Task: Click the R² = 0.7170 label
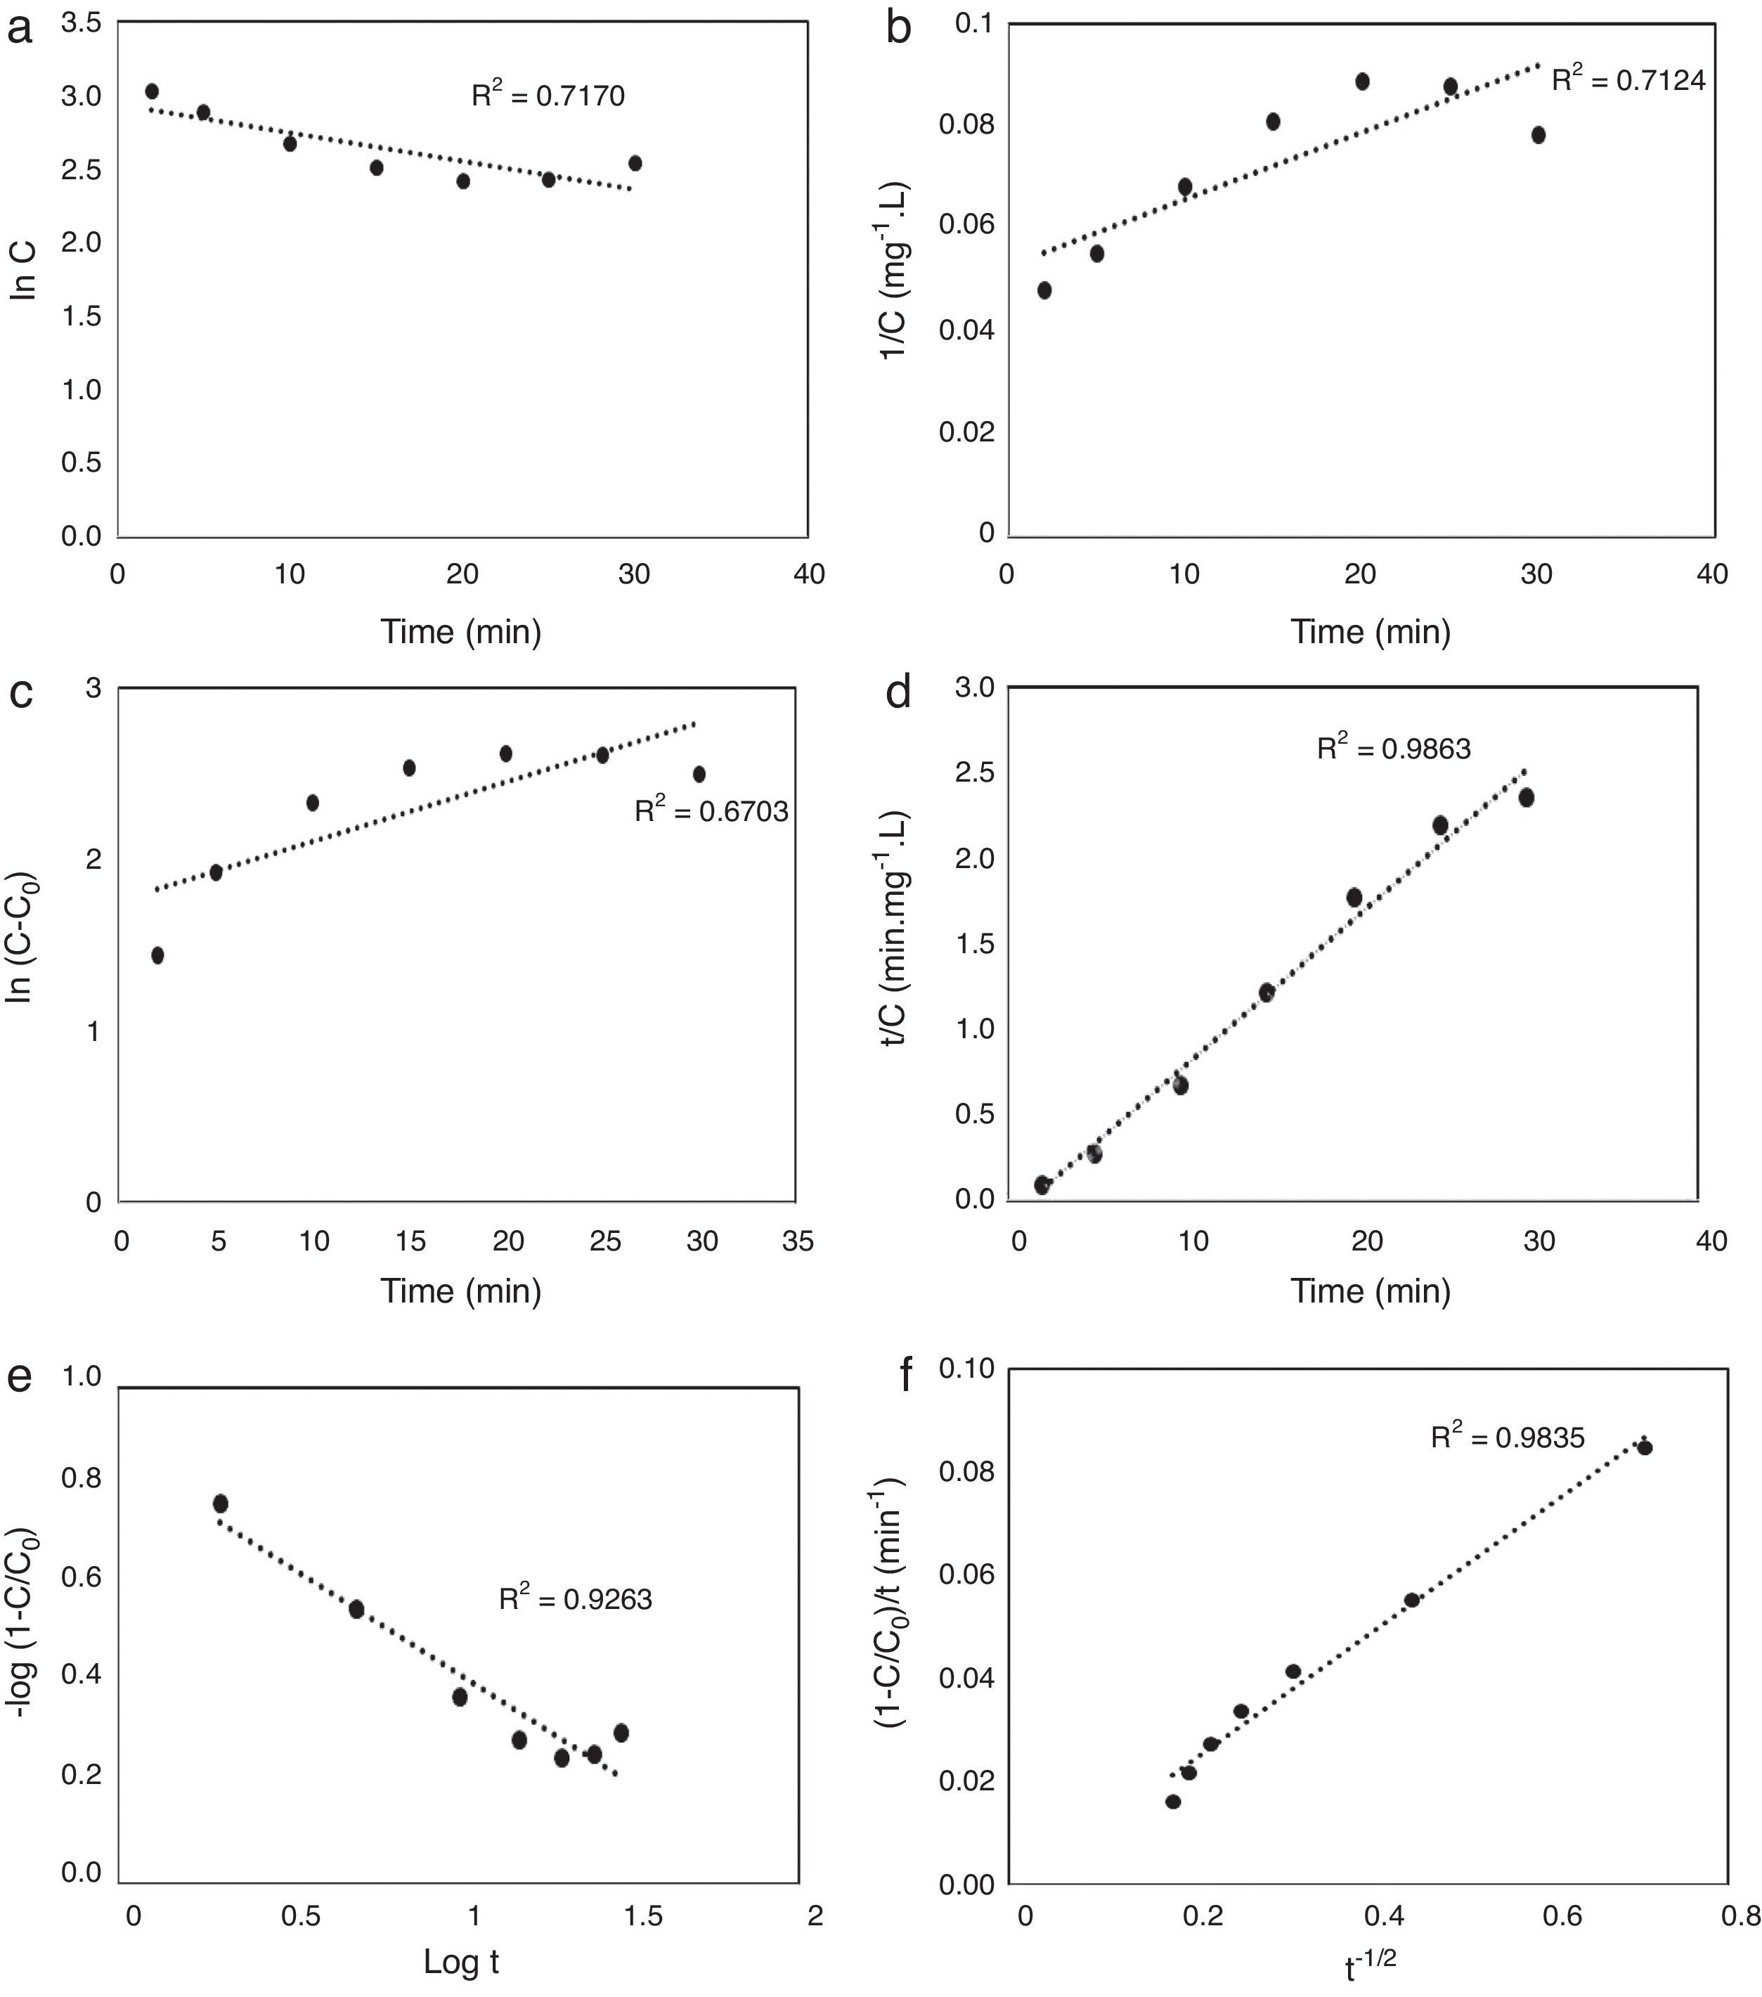tap(548, 95)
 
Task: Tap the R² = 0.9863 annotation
tap(1394, 749)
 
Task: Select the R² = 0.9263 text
tap(576, 1599)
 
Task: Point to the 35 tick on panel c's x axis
tap(798, 1241)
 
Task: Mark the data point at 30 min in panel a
tap(635, 163)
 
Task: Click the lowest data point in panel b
tap(1044, 290)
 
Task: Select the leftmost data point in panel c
tap(157, 955)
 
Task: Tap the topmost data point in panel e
tap(221, 1503)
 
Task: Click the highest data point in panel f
tap(1644, 1447)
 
